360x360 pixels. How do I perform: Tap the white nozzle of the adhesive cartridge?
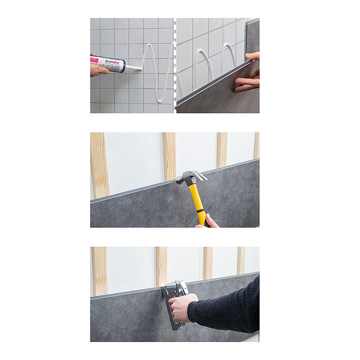coord(133,69)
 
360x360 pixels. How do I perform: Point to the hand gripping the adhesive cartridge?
coord(97,69)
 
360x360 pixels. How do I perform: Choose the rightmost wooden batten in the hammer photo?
coord(256,145)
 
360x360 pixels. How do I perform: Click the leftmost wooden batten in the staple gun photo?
coord(99,270)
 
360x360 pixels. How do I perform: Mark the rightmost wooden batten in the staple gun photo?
coord(240,260)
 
